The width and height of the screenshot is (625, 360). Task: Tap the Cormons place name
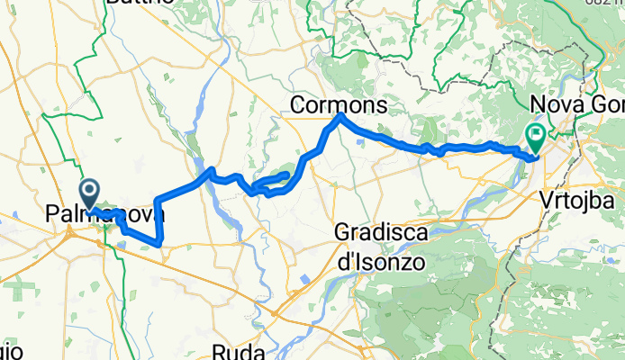[x=339, y=106]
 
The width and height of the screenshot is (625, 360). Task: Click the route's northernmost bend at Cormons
[x=340, y=116]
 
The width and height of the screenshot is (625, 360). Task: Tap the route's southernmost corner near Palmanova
[x=159, y=243]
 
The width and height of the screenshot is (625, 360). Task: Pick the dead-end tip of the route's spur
[x=287, y=173]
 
